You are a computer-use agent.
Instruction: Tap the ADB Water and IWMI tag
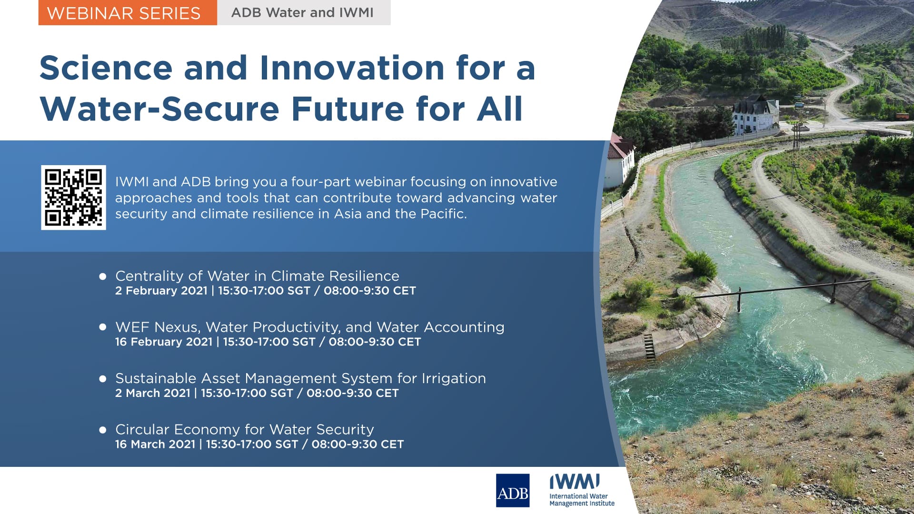[x=303, y=13]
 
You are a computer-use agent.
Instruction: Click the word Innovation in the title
[x=352, y=68]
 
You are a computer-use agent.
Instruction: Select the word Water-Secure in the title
[x=159, y=109]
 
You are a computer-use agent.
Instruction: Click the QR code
[x=73, y=198]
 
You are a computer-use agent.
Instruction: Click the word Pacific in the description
[x=442, y=214]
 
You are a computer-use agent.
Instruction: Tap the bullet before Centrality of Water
[x=102, y=277]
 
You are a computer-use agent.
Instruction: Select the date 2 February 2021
[x=161, y=291]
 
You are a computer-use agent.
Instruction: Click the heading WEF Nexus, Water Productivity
[x=309, y=327]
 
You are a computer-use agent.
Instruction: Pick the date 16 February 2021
[x=164, y=342]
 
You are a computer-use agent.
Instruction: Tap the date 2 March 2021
[x=153, y=393]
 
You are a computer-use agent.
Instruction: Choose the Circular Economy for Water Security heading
[x=244, y=430]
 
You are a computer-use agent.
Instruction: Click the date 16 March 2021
[x=155, y=444]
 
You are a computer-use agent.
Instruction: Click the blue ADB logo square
[x=512, y=491]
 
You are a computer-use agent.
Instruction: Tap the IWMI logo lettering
[x=575, y=482]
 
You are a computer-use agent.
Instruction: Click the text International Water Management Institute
[x=582, y=500]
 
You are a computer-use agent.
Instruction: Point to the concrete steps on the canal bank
[x=649, y=346]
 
